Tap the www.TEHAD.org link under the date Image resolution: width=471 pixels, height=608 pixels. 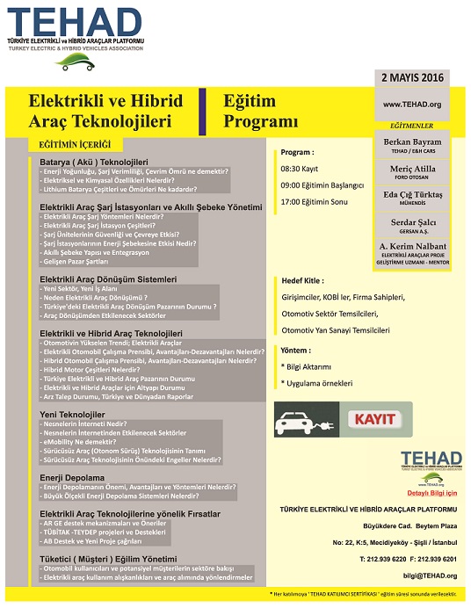[x=411, y=105]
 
